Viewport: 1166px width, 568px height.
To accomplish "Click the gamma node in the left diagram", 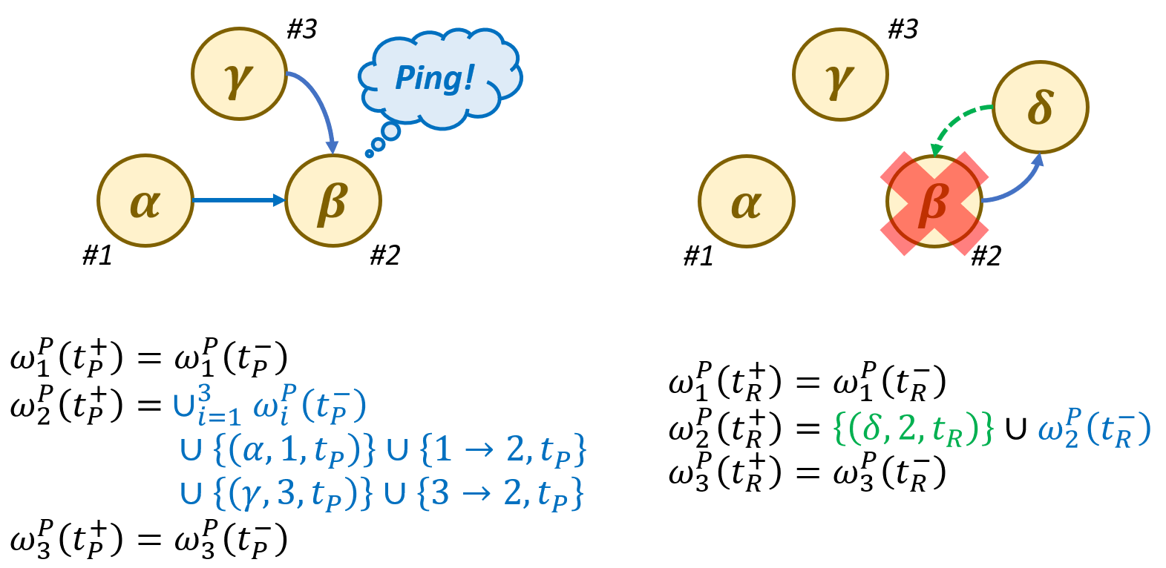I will (239, 74).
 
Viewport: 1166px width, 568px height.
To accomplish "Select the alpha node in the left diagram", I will (145, 201).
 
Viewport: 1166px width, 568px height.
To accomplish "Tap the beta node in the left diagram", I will (333, 201).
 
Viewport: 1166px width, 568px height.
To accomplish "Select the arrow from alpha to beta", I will (238, 200).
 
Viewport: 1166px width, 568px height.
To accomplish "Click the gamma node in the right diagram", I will (840, 75).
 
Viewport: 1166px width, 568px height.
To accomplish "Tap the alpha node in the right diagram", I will (747, 202).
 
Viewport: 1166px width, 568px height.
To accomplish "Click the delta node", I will (1040, 108).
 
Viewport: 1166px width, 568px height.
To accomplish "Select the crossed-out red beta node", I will (934, 202).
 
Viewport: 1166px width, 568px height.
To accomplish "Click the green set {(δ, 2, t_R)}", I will (914, 428).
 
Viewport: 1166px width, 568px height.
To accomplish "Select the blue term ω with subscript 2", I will (1094, 429).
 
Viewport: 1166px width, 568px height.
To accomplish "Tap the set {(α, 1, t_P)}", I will (295, 449).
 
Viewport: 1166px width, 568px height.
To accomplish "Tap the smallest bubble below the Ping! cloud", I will (369, 154).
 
